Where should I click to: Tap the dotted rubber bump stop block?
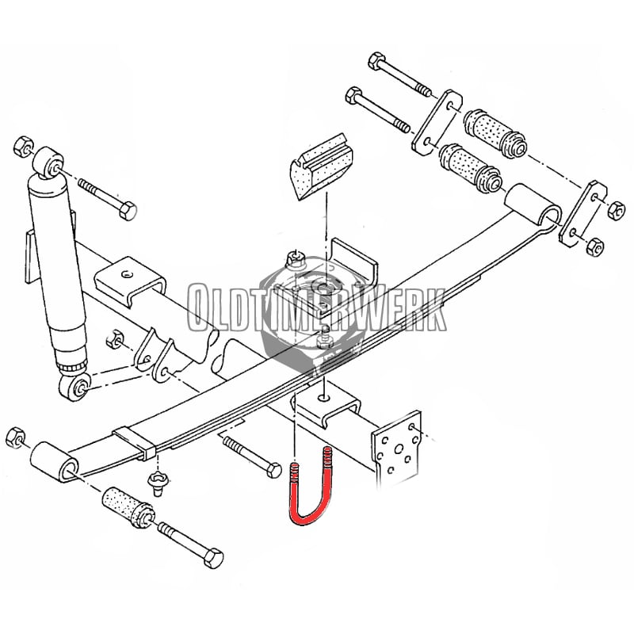(322, 166)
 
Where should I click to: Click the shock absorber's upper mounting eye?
(48, 163)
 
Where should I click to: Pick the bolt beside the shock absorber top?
(108, 200)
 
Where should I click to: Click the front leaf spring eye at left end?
(55, 462)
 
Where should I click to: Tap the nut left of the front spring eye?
(15, 437)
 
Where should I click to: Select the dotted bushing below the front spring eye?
(128, 508)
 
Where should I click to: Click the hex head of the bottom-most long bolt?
(213, 558)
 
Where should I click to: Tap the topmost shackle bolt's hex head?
(377, 61)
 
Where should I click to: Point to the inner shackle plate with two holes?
(437, 121)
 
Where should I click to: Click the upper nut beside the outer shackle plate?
(616, 211)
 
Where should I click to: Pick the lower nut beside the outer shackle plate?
(595, 246)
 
